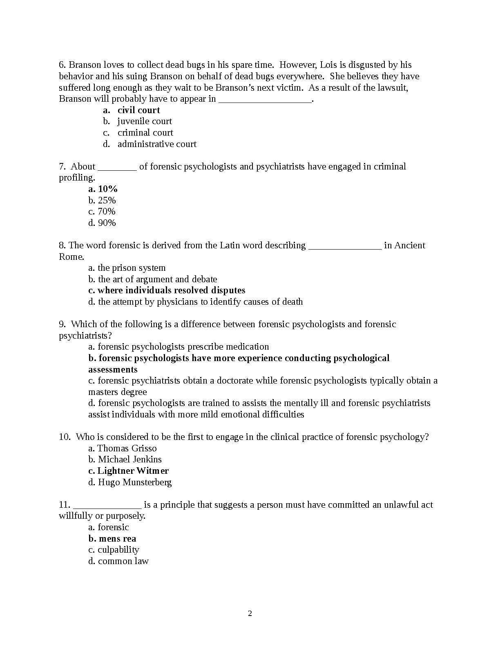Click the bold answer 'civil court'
(138, 110)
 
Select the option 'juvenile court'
(145, 121)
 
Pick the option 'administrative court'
(157, 144)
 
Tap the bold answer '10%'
(108, 189)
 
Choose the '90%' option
(107, 223)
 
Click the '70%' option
(107, 212)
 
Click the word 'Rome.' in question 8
(71, 257)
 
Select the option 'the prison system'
(132, 268)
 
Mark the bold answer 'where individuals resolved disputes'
(172, 290)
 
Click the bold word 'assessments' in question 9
(113, 370)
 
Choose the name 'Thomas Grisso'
(127, 448)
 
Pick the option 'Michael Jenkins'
(130, 460)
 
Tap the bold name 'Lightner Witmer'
(133, 471)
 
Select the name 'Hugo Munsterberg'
(135, 482)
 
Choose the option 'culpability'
(118, 550)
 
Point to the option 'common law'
(123, 561)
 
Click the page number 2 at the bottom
(250, 614)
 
